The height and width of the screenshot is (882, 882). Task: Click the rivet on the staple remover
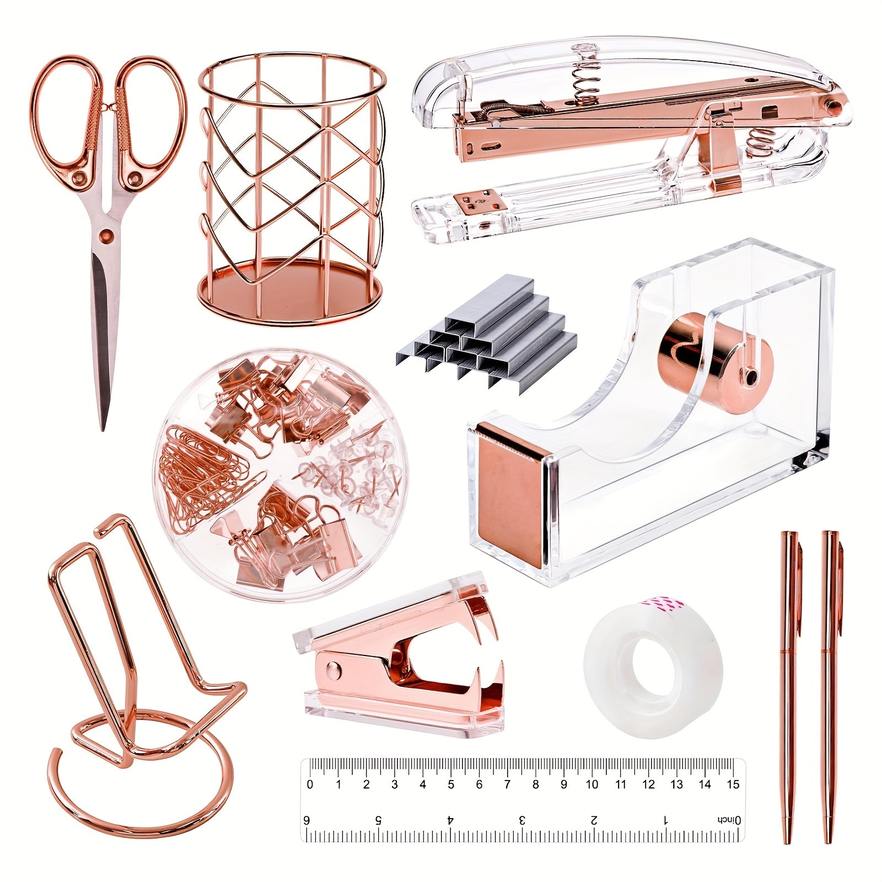click(x=332, y=669)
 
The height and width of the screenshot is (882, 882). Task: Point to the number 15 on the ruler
click(x=733, y=784)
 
